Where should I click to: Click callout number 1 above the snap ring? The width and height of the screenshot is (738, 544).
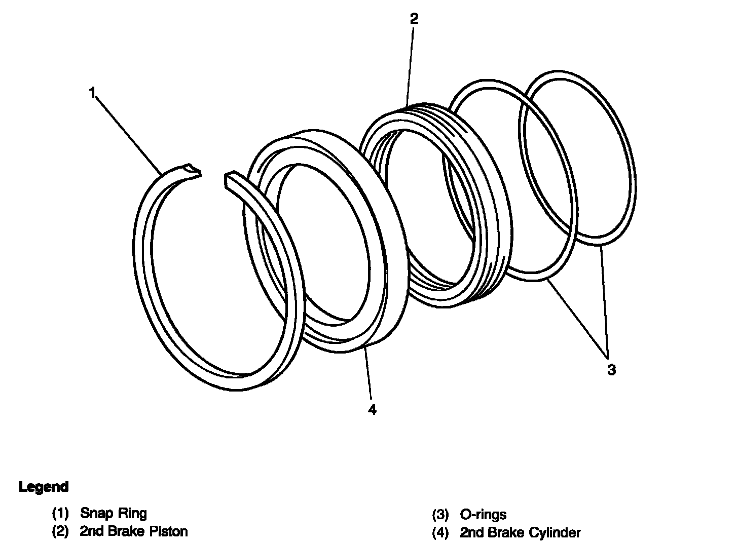point(92,93)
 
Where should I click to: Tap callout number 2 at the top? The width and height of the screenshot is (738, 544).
point(414,19)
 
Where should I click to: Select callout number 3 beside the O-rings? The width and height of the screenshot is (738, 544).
point(612,370)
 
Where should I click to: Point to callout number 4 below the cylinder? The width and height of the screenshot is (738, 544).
point(373,410)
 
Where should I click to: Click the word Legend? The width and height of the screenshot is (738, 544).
point(44,487)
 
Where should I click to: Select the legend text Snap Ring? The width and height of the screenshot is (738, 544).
point(114,513)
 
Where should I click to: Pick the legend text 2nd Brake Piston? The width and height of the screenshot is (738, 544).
point(134,531)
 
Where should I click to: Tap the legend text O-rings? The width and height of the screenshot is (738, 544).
point(483,515)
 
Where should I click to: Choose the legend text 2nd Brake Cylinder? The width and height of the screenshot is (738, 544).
point(520,532)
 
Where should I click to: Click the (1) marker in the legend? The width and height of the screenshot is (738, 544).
point(60,514)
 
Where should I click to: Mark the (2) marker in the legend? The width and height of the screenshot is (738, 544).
point(60,532)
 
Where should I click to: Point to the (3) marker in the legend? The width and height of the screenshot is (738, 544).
point(440,515)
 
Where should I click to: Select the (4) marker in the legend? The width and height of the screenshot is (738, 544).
point(440,533)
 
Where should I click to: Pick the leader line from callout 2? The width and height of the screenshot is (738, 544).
point(411,66)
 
